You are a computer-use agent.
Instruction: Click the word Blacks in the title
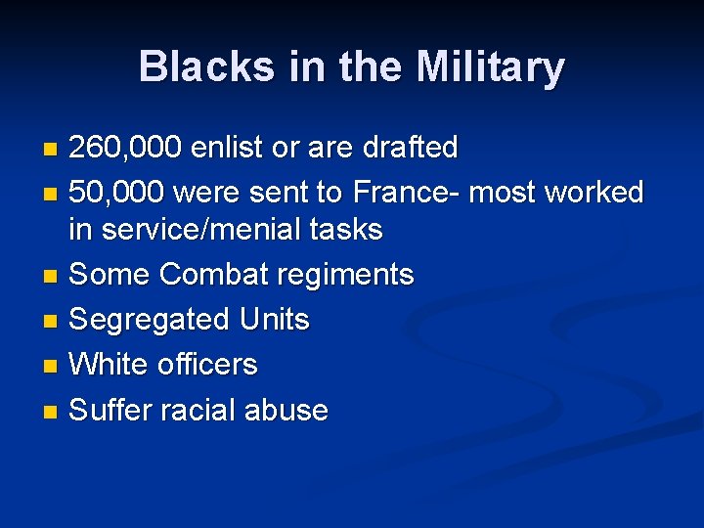(x=194, y=67)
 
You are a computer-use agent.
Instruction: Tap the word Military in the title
(x=490, y=67)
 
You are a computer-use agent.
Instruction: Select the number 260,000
(x=125, y=148)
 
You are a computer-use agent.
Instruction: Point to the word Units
(x=274, y=320)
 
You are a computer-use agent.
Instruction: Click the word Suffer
(x=110, y=410)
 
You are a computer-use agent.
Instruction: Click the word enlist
(x=227, y=148)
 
